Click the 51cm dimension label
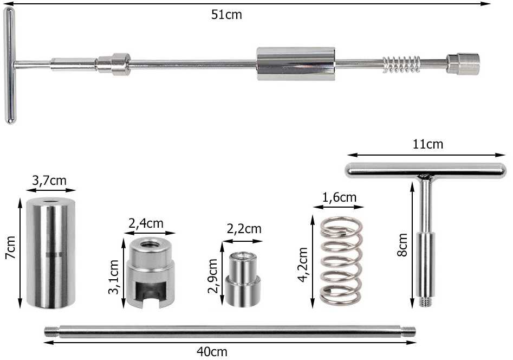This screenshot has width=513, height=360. (226, 15)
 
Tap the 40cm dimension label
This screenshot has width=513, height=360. (212, 352)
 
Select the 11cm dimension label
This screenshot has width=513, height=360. (427, 144)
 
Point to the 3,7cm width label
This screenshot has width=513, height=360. (49, 181)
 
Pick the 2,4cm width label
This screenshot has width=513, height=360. (146, 223)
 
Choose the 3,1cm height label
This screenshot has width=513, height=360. (114, 277)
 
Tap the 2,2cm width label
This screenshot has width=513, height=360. (244, 229)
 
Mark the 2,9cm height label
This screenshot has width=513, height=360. (213, 276)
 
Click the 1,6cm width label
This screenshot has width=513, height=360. (339, 197)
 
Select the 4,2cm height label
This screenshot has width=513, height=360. (303, 265)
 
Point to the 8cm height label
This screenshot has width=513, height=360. (402, 245)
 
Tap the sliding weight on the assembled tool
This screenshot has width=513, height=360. (295, 64)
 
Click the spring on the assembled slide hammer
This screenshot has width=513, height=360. (402, 64)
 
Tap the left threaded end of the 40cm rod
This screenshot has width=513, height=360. (51, 332)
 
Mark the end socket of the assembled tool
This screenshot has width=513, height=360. (463, 63)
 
